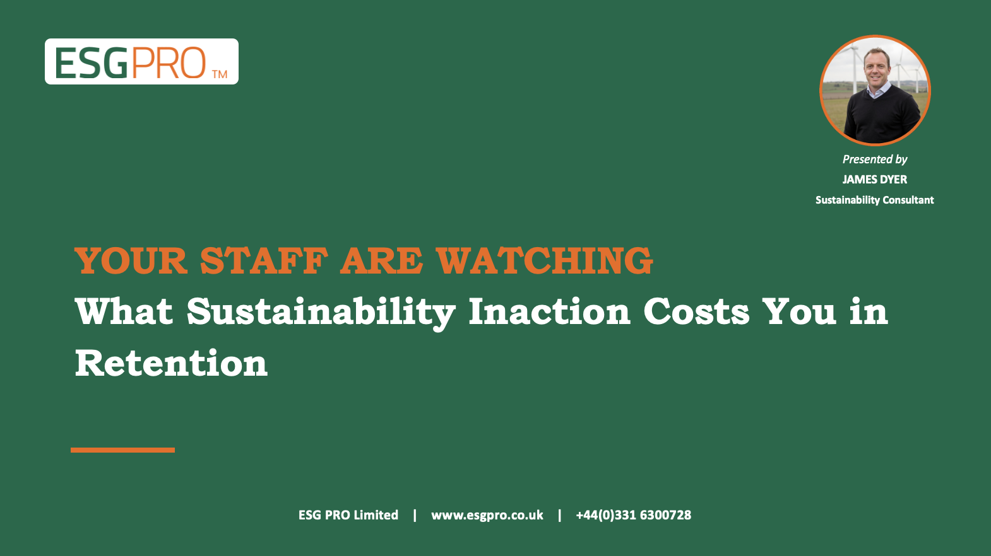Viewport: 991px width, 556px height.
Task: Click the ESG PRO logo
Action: (141, 61)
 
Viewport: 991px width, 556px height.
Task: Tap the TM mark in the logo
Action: (220, 74)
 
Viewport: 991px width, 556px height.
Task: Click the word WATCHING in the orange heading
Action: (544, 261)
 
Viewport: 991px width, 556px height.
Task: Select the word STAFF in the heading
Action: (264, 261)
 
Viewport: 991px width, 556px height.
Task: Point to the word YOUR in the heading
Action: (131, 261)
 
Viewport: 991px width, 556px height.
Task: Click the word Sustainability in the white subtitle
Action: (321, 313)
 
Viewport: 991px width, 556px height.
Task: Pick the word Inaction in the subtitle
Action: (550, 311)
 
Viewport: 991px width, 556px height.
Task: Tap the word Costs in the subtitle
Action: (696, 312)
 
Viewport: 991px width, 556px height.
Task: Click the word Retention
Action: (171, 363)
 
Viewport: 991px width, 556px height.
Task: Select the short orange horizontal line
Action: (122, 450)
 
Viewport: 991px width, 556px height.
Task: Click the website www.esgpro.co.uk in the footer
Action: (487, 515)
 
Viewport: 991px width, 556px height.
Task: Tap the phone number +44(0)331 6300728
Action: (634, 515)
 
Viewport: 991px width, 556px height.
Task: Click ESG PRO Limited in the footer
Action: (348, 515)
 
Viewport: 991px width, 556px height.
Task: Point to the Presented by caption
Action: (875, 159)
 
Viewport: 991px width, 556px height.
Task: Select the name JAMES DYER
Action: (875, 180)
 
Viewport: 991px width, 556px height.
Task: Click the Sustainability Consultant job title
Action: (875, 200)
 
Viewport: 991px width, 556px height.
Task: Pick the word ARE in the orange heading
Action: (382, 261)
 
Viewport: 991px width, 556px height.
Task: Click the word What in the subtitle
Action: (124, 311)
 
